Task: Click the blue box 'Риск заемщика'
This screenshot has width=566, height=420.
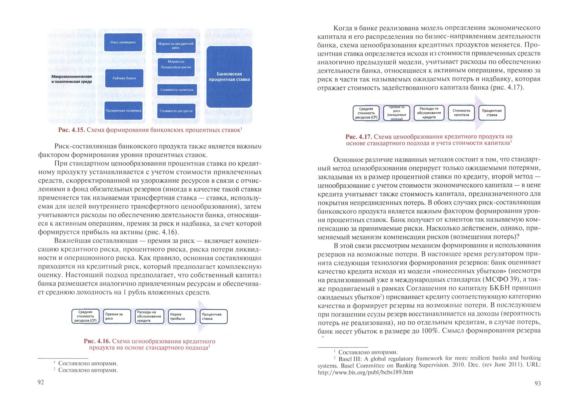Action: coord(123,42)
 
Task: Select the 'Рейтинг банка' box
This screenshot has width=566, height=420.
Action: coord(124,78)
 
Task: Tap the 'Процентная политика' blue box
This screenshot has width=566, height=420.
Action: coord(123,111)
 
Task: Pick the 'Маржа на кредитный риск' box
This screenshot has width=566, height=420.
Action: coord(176,46)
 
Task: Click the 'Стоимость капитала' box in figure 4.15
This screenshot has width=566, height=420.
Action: coord(177,90)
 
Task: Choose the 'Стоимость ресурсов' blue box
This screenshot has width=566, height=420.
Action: coord(176,111)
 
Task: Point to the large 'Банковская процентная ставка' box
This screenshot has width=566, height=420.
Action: coord(229,77)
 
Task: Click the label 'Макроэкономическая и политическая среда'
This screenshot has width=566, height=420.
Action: coord(71,79)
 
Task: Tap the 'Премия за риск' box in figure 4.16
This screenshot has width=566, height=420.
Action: coord(117,316)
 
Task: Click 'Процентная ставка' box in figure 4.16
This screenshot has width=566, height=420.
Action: coord(213,316)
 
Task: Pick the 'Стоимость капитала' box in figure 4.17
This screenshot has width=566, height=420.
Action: coord(461,113)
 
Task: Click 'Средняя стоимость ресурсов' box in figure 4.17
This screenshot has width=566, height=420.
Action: coord(366,113)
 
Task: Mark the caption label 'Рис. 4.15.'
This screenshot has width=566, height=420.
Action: coord(71,130)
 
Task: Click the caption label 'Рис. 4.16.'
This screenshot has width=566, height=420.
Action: coord(97,341)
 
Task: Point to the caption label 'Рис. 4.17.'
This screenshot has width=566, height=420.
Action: coord(358,137)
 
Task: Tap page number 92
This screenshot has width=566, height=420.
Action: coord(41,382)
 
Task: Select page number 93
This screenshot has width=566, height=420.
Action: coord(538,383)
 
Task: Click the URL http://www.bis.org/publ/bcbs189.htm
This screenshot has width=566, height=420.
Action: coord(365,372)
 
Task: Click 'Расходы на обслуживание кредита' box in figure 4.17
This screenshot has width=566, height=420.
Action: coord(429,113)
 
